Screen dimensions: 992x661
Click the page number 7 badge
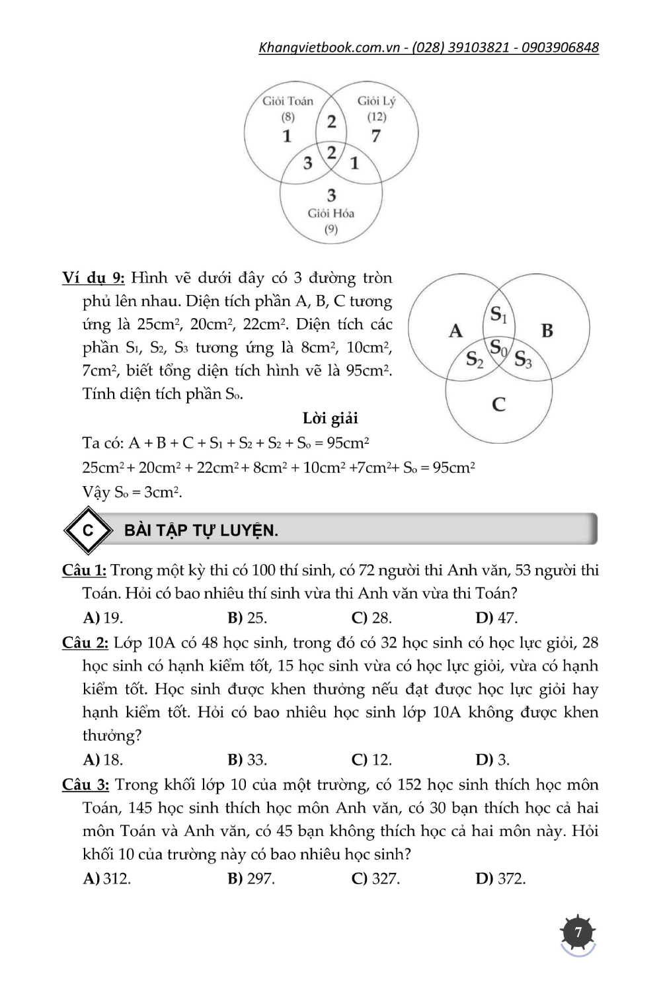coord(578,933)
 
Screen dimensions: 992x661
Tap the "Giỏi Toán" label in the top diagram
coord(288,101)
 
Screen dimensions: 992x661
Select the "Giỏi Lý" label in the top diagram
coord(376,101)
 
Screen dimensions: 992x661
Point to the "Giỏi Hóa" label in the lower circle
coord(331,214)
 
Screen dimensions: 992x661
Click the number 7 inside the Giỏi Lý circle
coord(376,136)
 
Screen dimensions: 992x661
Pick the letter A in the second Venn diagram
coord(455,331)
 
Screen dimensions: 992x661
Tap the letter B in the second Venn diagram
coord(547,330)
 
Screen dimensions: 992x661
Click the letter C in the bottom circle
coord(499,404)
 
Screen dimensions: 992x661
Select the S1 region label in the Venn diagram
coord(498,315)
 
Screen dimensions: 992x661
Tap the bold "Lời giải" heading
coord(330,418)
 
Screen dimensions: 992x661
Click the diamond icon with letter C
coord(87,530)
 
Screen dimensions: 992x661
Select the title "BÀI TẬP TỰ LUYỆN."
coord(201,530)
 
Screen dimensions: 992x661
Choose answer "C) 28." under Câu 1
coord(371,618)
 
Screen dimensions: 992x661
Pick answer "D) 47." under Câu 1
coord(496,618)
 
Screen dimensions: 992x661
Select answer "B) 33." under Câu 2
coord(247,759)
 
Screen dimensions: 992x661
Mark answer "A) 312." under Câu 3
coord(107,878)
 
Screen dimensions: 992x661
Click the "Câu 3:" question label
coord(85,784)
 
